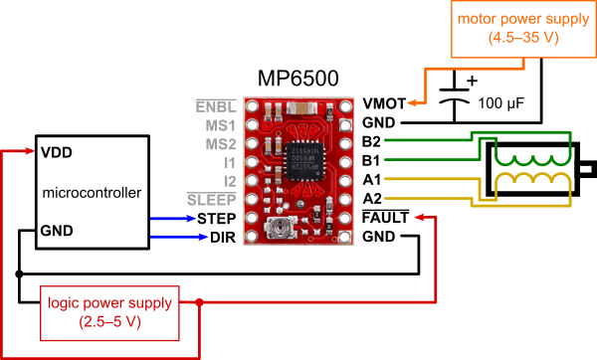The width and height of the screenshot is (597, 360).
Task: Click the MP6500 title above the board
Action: point(298,79)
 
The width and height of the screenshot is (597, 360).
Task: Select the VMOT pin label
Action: point(384,103)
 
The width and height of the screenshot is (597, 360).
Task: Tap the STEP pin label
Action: point(217,219)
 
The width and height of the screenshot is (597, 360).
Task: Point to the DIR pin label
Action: point(223,238)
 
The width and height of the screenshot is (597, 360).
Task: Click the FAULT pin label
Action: point(385,218)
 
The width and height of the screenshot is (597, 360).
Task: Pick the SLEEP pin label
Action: point(212,200)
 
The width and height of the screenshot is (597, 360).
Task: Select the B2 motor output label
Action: point(371,141)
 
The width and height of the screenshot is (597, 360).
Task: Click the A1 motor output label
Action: point(372,180)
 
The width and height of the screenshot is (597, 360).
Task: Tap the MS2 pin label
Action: point(221,144)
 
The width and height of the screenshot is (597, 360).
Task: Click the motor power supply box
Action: point(523,29)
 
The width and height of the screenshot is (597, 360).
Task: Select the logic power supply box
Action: point(109,313)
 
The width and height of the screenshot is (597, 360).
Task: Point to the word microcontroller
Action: point(92,193)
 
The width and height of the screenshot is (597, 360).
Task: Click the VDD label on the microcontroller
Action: point(57,152)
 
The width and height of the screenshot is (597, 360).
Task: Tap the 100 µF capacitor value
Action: point(501,103)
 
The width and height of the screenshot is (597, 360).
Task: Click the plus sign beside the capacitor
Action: point(472,81)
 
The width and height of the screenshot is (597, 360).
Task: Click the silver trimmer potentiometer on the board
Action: point(281,229)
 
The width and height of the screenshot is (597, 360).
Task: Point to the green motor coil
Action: point(533,161)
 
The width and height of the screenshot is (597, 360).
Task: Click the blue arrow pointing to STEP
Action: point(173,219)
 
